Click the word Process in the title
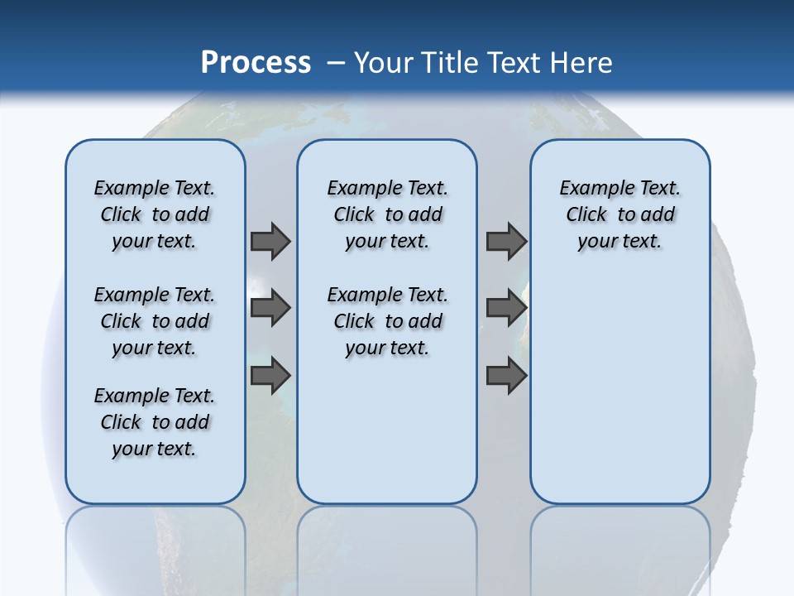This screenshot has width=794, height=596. [256, 62]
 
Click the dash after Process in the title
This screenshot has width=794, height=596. [336, 63]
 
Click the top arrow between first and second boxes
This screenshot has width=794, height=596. [270, 241]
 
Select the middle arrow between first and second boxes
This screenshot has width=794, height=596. [270, 308]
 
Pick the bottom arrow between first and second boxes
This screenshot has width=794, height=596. [270, 376]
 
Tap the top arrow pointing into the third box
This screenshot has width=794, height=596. [506, 241]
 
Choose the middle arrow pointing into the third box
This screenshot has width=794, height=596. [506, 308]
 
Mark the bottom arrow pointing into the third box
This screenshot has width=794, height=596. [506, 376]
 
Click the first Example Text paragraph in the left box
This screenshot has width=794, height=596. [155, 214]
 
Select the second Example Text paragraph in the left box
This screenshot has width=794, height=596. [155, 321]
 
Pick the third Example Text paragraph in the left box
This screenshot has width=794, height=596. [155, 422]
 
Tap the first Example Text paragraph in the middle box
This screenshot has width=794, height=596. [388, 214]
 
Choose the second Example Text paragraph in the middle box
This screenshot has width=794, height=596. [388, 321]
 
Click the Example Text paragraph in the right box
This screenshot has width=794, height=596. [620, 214]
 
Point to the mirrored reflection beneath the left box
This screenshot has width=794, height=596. [155, 546]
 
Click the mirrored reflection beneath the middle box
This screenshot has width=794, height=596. [387, 546]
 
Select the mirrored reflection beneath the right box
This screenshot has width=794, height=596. [620, 546]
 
